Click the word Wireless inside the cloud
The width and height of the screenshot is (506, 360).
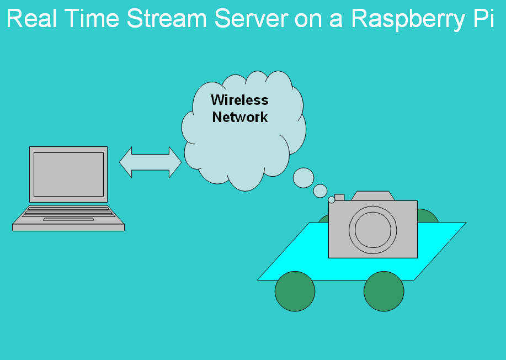tap(239, 100)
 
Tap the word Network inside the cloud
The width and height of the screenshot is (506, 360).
tap(239, 117)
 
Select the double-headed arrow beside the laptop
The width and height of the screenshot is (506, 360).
tap(150, 162)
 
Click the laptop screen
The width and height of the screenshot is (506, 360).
tap(68, 174)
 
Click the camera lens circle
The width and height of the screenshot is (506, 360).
tap(372, 229)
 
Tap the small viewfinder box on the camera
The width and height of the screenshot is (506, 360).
tap(339, 197)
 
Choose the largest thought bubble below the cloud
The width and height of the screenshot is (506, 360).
tap(303, 178)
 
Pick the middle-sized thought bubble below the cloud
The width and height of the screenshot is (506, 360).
tap(320, 191)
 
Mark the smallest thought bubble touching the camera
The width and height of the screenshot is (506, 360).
tap(332, 199)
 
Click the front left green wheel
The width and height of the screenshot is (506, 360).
tap(295, 292)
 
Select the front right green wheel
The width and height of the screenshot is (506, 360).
tap(384, 292)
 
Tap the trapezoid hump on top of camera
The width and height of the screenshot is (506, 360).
tap(373, 195)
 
